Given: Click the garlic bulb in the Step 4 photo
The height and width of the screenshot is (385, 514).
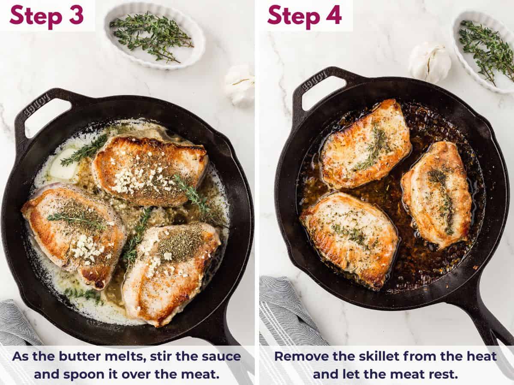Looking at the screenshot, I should [x=429, y=63].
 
